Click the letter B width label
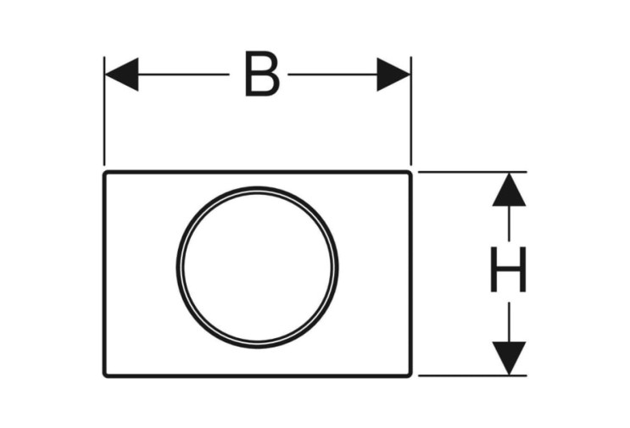(262, 74)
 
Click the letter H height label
(508, 270)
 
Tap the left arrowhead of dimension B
(121, 75)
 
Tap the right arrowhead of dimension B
(393, 75)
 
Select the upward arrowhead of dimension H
(509, 190)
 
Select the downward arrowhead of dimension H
(509, 359)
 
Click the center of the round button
(257, 268)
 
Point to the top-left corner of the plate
(104, 172)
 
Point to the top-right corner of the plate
(411, 172)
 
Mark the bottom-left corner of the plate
(104, 376)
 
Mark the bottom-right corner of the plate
(411, 376)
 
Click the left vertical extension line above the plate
(104, 111)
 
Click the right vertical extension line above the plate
(411, 111)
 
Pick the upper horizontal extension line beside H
(472, 172)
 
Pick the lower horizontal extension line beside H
(472, 375)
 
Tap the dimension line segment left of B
(184, 75)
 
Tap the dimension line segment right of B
(332, 75)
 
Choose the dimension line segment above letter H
(509, 223)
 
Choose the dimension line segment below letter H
(509, 322)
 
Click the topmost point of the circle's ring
(257, 188)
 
